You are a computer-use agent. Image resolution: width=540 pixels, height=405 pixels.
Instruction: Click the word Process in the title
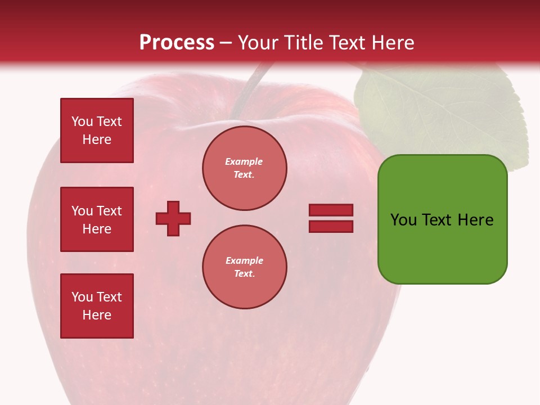coord(177,43)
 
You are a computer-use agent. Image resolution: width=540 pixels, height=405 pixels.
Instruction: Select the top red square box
coord(97,130)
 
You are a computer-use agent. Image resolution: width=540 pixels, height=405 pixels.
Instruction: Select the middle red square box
coord(97,219)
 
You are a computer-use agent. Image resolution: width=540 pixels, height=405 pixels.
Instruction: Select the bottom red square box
coord(97,306)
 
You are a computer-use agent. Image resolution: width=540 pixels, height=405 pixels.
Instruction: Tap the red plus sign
coord(173,218)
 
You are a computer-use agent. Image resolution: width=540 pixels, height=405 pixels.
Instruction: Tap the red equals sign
coord(331,218)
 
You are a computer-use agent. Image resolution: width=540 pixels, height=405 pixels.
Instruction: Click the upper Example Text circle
coord(244,168)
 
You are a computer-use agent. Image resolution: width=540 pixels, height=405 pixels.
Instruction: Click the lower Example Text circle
coord(244,267)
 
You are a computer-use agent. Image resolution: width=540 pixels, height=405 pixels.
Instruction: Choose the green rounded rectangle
coord(442,219)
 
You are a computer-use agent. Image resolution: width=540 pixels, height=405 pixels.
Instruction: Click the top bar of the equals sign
coord(331,210)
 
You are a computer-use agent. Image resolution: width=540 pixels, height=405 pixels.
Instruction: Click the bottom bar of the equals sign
coord(331,226)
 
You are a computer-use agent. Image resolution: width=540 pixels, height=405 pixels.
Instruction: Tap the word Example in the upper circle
coord(244,161)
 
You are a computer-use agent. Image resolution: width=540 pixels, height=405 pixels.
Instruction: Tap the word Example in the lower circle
coord(244,260)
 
